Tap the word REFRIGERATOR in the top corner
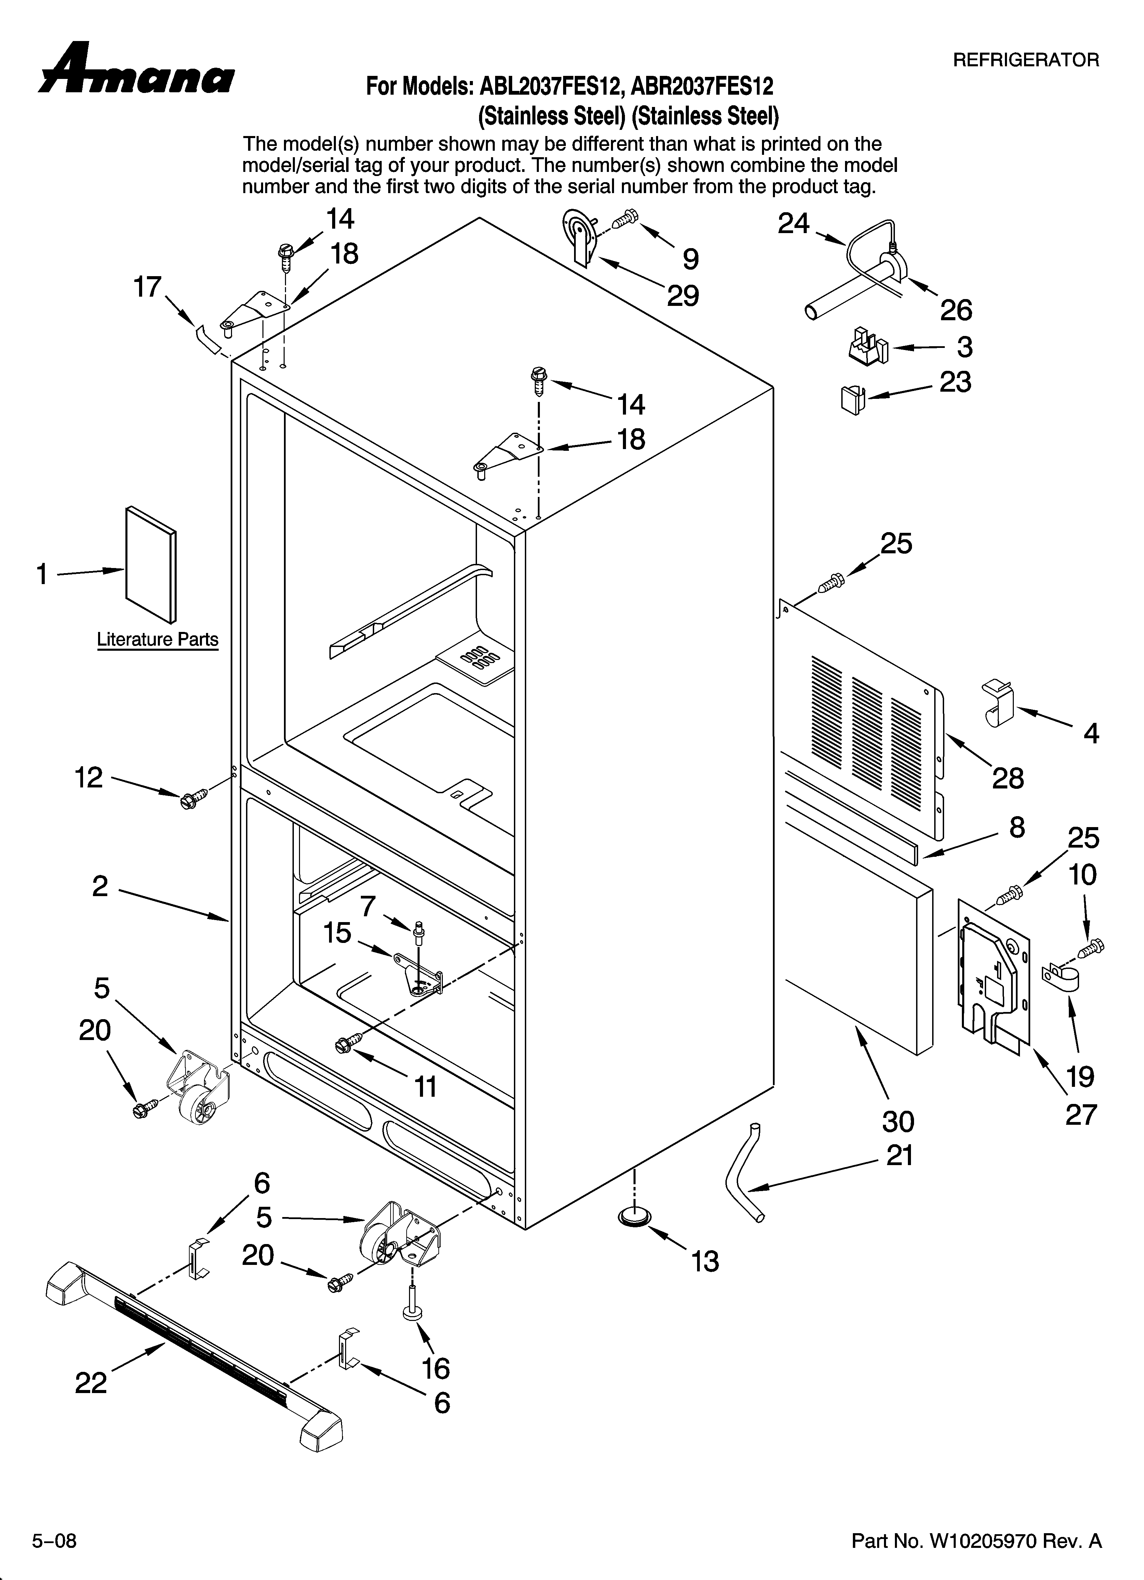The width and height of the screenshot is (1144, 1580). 1025,60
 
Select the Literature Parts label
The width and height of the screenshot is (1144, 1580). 158,639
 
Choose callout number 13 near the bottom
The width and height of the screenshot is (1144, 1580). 705,1261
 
